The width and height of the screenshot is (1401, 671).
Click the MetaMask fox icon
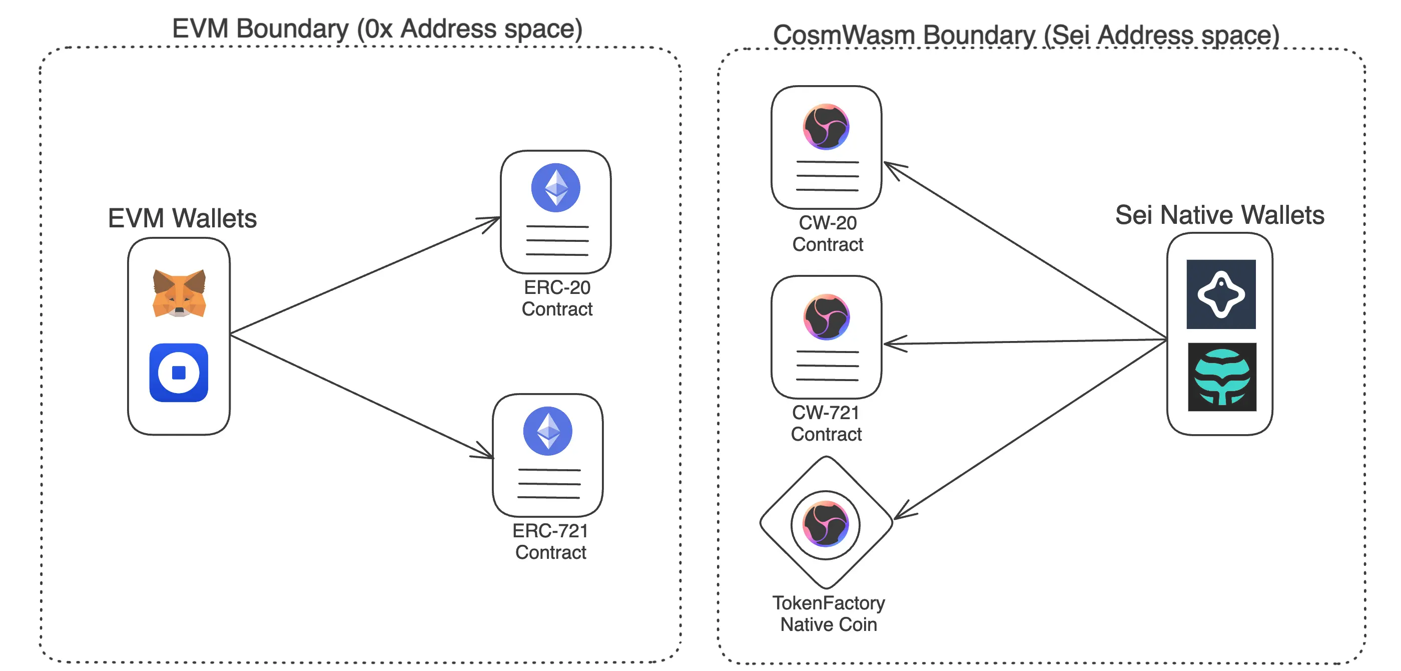coord(179,293)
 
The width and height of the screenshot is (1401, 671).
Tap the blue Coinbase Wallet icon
coord(179,373)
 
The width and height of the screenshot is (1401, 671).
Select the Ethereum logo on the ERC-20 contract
coord(555,188)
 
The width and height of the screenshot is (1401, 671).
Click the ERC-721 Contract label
coord(550,541)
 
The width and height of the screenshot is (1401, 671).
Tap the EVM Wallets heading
coord(182,218)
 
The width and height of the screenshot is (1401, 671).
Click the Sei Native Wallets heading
coord(1219,215)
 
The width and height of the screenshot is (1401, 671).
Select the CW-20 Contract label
coord(827,233)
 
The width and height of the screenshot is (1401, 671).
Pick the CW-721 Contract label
coord(826,424)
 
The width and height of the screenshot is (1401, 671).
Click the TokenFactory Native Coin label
coord(828,614)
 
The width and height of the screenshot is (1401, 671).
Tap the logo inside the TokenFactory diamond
coord(826,525)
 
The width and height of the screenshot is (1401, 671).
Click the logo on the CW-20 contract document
coord(826,127)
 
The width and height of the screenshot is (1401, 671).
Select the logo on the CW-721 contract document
coord(826,317)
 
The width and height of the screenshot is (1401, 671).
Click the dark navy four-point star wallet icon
coord(1221,294)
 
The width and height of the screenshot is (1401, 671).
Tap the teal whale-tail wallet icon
coord(1221,377)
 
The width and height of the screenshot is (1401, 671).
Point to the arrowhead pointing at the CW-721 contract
coord(892,344)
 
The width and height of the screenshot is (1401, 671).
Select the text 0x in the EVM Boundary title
coord(378,29)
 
